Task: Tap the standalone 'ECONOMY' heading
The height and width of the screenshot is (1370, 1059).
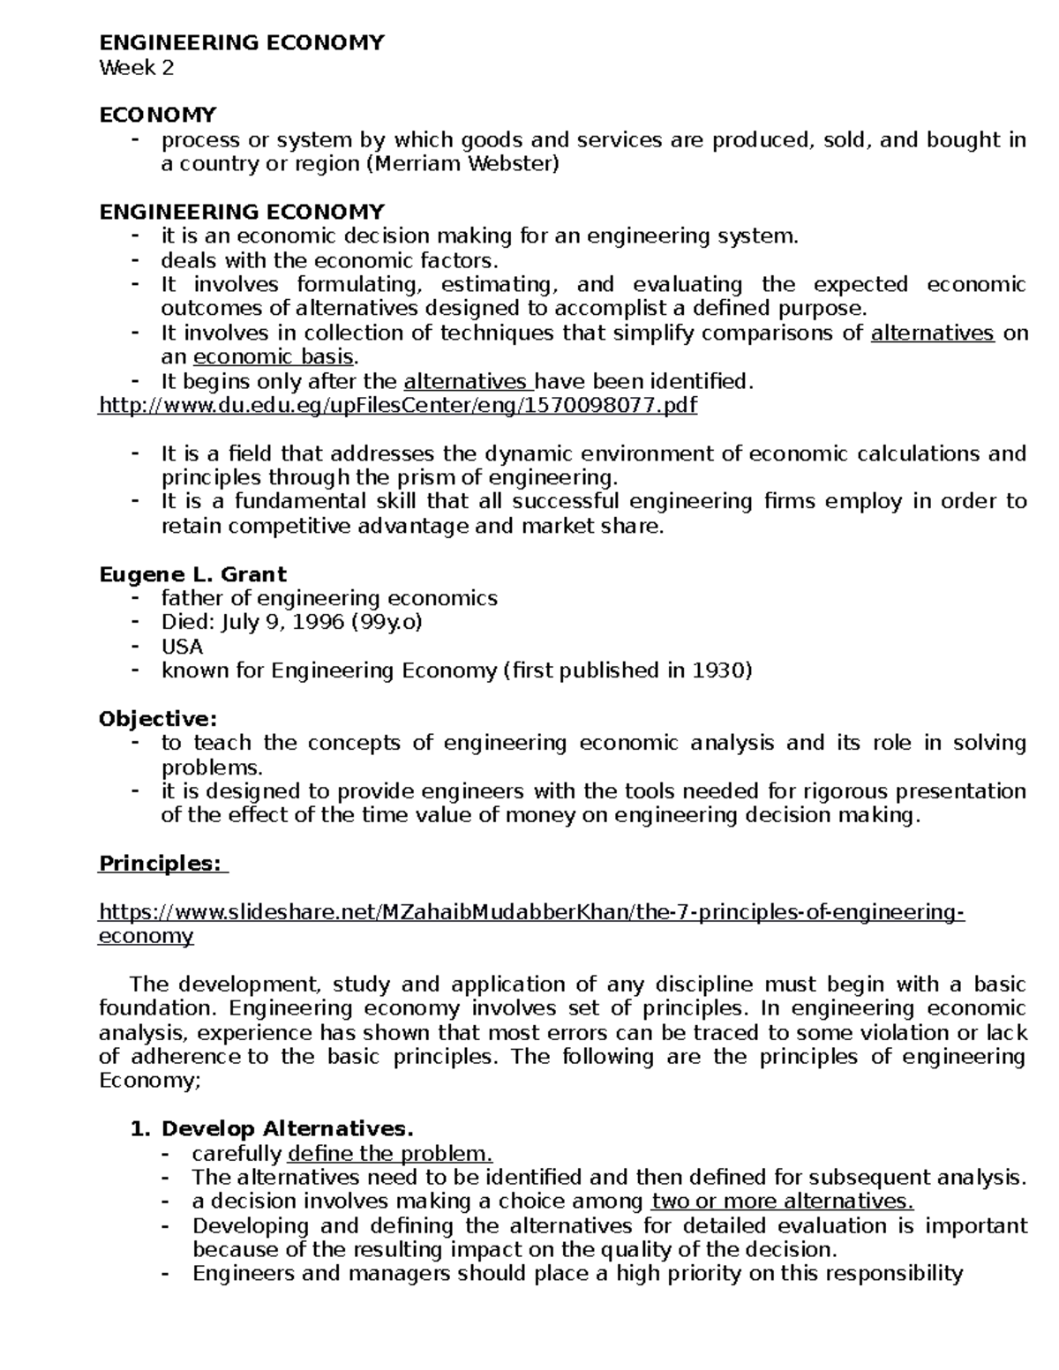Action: [157, 116]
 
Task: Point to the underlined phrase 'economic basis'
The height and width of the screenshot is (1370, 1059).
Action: [273, 357]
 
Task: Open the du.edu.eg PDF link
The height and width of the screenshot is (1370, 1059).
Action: [397, 406]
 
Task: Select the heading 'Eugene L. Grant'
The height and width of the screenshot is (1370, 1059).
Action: [192, 575]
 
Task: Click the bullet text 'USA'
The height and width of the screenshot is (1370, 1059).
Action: [182, 647]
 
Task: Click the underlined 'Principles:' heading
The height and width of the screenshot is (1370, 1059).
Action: [160, 864]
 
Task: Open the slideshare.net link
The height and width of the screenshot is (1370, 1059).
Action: [529, 912]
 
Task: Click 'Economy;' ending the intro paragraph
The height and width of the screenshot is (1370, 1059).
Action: [150, 1082]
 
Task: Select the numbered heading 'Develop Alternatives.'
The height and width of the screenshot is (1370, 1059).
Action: [287, 1129]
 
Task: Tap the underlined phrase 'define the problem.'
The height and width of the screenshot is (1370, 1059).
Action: [389, 1154]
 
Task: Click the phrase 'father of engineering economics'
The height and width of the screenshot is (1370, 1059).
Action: [329, 599]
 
